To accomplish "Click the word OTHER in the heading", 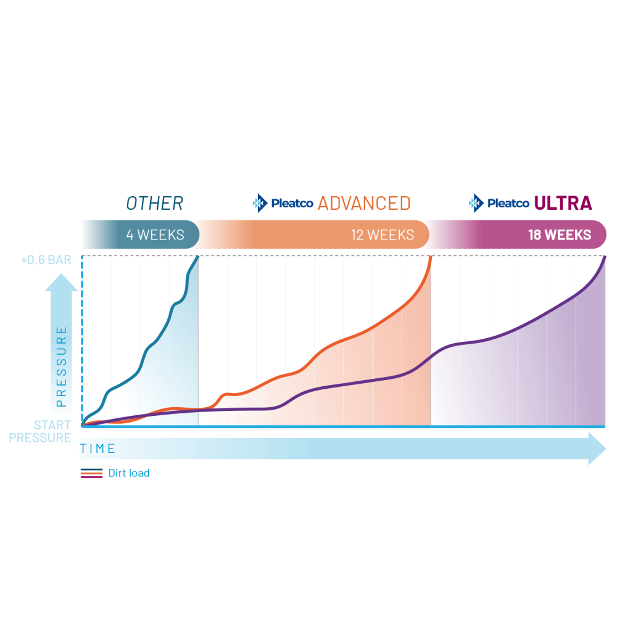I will tap(154, 203).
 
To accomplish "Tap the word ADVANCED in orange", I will tap(364, 203).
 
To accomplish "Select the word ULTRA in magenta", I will tap(563, 203).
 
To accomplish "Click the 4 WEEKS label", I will tap(155, 235).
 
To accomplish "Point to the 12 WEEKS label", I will tap(382, 235).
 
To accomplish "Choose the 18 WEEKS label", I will tap(559, 235).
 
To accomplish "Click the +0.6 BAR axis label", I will tap(46, 260).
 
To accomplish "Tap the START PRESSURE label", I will tap(52, 432).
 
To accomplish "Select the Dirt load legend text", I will tap(128, 473).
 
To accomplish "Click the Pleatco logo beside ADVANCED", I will tap(283, 203).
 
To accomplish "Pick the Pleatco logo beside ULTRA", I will tap(499, 203).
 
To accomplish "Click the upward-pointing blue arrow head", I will tap(61, 282).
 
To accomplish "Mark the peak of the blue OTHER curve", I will tap(197, 257).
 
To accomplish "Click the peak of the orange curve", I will tap(430, 257).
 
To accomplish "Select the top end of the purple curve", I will tap(604, 257).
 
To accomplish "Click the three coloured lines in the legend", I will tap(91, 473).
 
